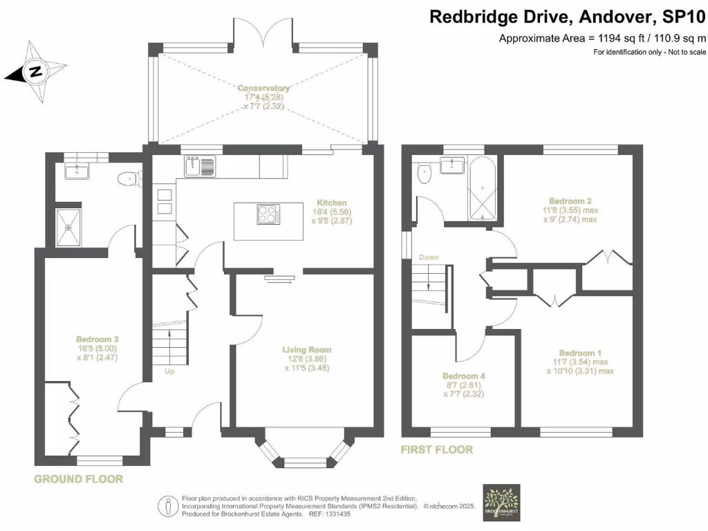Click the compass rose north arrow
pyautogui.click(x=33, y=71)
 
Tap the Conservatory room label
pyautogui.click(x=263, y=88)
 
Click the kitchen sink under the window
pyautogui.click(x=201, y=165)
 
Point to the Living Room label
pyautogui.click(x=307, y=350)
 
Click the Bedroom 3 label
pyautogui.click(x=97, y=339)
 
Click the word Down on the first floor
pyautogui.click(x=429, y=258)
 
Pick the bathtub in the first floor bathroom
pyautogui.click(x=482, y=188)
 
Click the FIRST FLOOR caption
pyautogui.click(x=437, y=450)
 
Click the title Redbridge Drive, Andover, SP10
pyautogui.click(x=568, y=17)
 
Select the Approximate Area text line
pyautogui.click(x=602, y=39)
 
